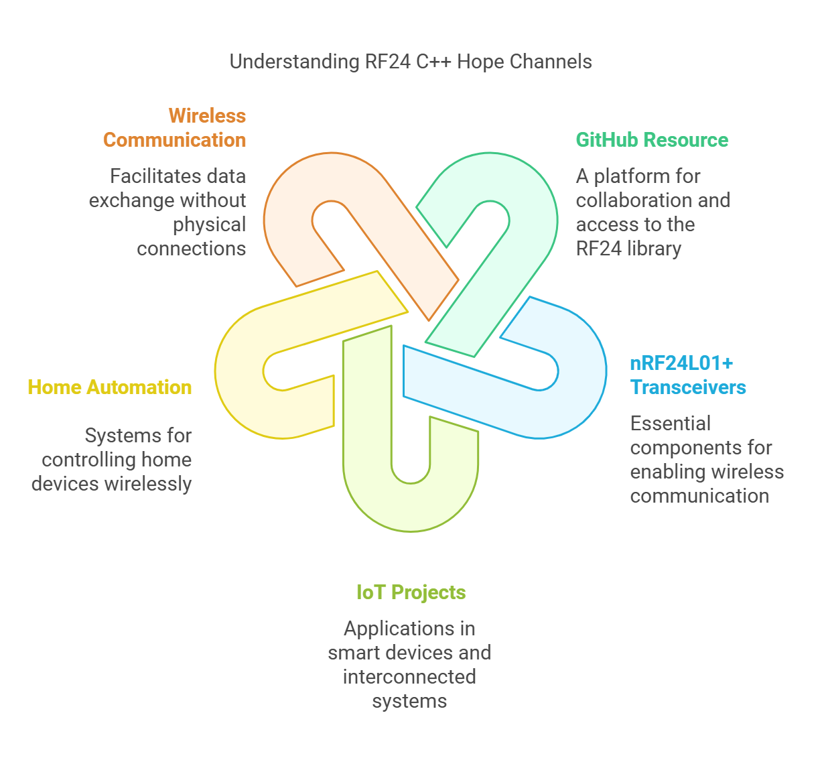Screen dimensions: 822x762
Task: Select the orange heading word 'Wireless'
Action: click(207, 115)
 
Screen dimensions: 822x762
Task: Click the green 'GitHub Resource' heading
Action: click(652, 140)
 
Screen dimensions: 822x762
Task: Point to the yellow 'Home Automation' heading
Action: click(110, 387)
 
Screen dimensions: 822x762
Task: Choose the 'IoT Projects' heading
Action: click(411, 592)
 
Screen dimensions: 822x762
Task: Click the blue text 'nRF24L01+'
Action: click(681, 363)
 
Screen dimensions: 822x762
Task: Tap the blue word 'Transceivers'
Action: click(688, 387)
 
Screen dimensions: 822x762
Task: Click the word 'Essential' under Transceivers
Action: click(670, 424)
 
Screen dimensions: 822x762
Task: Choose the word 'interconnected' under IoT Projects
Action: click(409, 677)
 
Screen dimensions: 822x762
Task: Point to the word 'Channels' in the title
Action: click(551, 62)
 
